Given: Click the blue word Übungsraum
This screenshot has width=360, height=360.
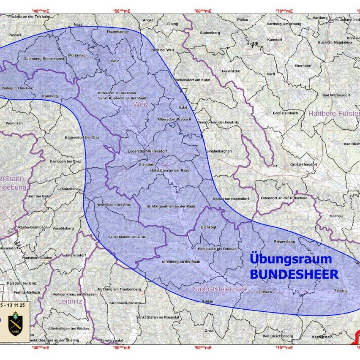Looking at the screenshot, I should click(291, 259).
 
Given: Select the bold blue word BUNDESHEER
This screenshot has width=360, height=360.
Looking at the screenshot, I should click(294, 275).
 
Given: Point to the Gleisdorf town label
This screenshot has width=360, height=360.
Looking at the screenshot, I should click(147, 164).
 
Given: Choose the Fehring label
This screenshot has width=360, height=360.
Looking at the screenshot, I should click(341, 290).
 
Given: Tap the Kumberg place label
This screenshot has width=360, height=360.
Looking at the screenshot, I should click(50, 96).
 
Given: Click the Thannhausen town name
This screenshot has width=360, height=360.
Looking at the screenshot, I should click(117, 32).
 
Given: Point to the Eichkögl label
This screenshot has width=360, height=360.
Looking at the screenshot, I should click(209, 227).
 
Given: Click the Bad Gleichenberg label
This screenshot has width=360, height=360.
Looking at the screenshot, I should click(278, 336).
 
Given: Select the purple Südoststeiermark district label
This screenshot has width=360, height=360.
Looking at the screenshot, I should click(220, 289).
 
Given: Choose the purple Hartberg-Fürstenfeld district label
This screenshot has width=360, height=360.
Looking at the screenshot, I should click(334, 113).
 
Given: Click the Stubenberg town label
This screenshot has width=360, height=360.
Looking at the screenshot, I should click(210, 33).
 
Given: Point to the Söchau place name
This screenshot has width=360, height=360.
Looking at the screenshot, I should click(336, 216).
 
